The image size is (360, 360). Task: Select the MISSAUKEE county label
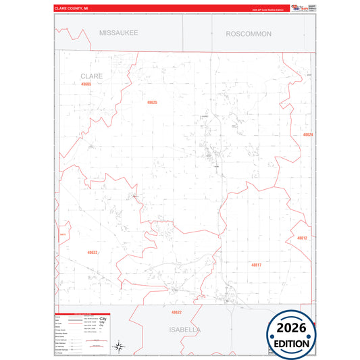tap(118, 32)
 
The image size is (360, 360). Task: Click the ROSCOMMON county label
tap(249, 33)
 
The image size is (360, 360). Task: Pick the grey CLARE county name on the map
tap(91, 76)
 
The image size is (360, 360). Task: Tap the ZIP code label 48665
tap(85, 84)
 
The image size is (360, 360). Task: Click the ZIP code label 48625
tap(152, 102)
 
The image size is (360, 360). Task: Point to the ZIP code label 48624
tap(308, 134)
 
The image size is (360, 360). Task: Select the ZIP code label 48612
tap(302, 238)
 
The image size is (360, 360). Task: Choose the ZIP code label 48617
tap(256, 265)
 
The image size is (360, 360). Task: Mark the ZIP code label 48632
tap(92, 253)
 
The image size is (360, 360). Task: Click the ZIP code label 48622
tap(176, 313)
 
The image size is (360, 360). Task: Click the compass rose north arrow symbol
tap(118, 346)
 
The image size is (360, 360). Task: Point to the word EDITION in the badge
tap(292, 343)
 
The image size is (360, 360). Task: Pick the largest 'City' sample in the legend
tap(103, 317)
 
